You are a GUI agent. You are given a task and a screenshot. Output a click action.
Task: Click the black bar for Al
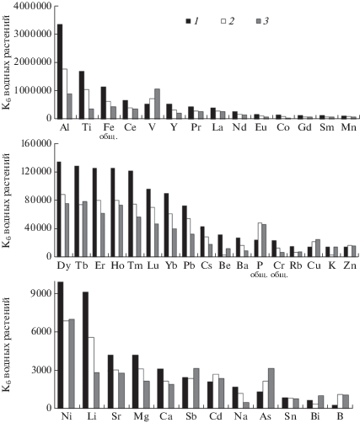pos(60,72)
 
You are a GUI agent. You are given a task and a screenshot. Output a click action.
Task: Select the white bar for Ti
pos(87,104)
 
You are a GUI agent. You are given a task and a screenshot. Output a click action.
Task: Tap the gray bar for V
pos(157,104)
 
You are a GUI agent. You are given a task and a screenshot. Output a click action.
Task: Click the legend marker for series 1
pos(188,21)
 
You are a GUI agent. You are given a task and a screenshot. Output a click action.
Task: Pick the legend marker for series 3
pos(259,21)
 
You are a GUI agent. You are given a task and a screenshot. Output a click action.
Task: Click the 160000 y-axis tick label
pos(36,144)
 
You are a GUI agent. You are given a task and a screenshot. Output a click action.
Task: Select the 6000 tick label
pos(42,332)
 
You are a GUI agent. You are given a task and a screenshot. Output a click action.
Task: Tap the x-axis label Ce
pos(130,127)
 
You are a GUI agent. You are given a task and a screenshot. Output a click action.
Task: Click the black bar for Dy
pos(59,209)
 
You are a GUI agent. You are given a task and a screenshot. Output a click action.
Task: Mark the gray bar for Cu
pos(318,248)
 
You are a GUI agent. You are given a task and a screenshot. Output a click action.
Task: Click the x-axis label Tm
pos(135,265)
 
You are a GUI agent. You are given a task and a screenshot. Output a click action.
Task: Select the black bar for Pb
pos(185,231)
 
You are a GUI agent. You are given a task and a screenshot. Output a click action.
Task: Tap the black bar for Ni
pos(61,345)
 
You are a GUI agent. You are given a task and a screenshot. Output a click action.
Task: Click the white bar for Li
pos(91,372)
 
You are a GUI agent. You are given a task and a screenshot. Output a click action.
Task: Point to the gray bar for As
pos(271,388)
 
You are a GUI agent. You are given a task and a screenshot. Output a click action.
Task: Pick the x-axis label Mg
pos(141,416)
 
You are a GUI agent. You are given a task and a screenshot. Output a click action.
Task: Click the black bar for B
pos(335,406)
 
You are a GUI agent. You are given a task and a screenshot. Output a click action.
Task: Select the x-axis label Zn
pos(350,265)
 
